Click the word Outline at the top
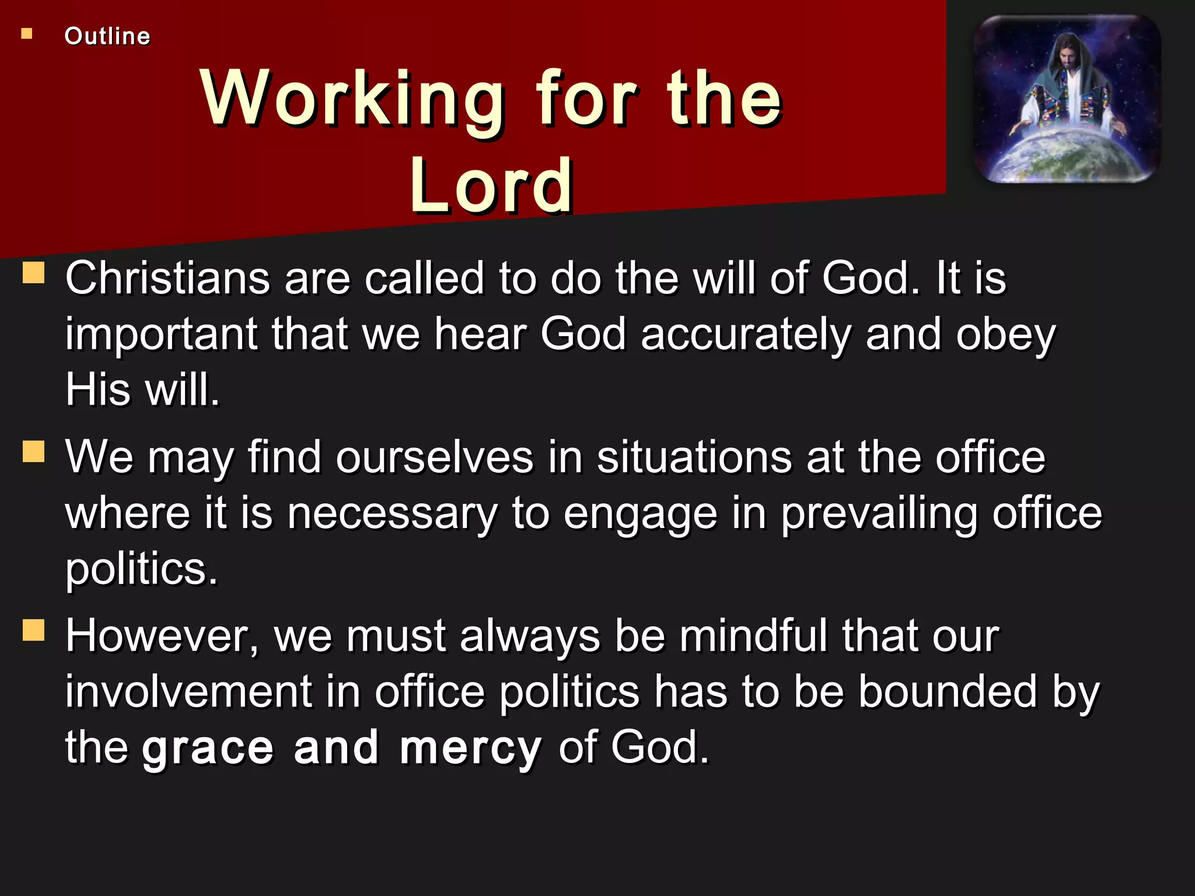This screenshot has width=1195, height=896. tap(107, 36)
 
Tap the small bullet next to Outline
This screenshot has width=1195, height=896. tap(27, 34)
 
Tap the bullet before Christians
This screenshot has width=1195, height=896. tap(34, 272)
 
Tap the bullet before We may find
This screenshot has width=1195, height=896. tap(34, 451)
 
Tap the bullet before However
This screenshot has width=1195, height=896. tap(34, 630)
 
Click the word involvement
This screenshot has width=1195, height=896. tap(188, 692)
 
